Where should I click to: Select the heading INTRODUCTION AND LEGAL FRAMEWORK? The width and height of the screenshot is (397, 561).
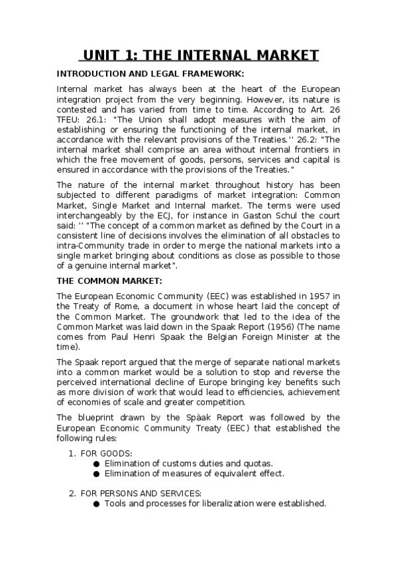coord(150,73)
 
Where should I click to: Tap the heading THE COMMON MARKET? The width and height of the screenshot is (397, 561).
coord(109,281)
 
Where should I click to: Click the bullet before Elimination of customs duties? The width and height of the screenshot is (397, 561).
coord(97,463)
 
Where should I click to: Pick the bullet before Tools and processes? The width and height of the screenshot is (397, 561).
coord(97,503)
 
